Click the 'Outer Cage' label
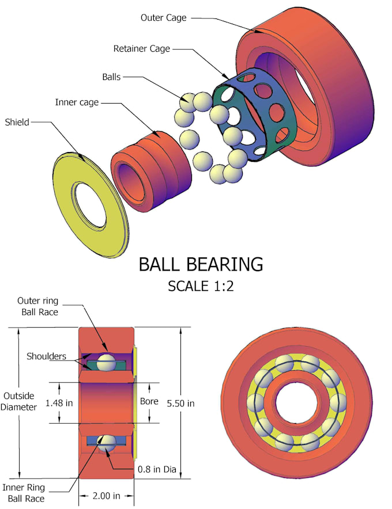click(x=163, y=18)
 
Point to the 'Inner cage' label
click(x=77, y=102)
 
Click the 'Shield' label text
click(x=18, y=122)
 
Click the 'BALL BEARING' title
click(x=201, y=264)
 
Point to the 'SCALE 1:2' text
click(x=201, y=286)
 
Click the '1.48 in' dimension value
click(x=60, y=403)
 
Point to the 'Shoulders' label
click(x=46, y=356)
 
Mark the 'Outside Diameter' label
click(x=20, y=401)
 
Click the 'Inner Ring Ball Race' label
click(x=24, y=493)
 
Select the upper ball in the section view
click(x=106, y=363)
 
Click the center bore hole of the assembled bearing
click(x=295, y=401)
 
